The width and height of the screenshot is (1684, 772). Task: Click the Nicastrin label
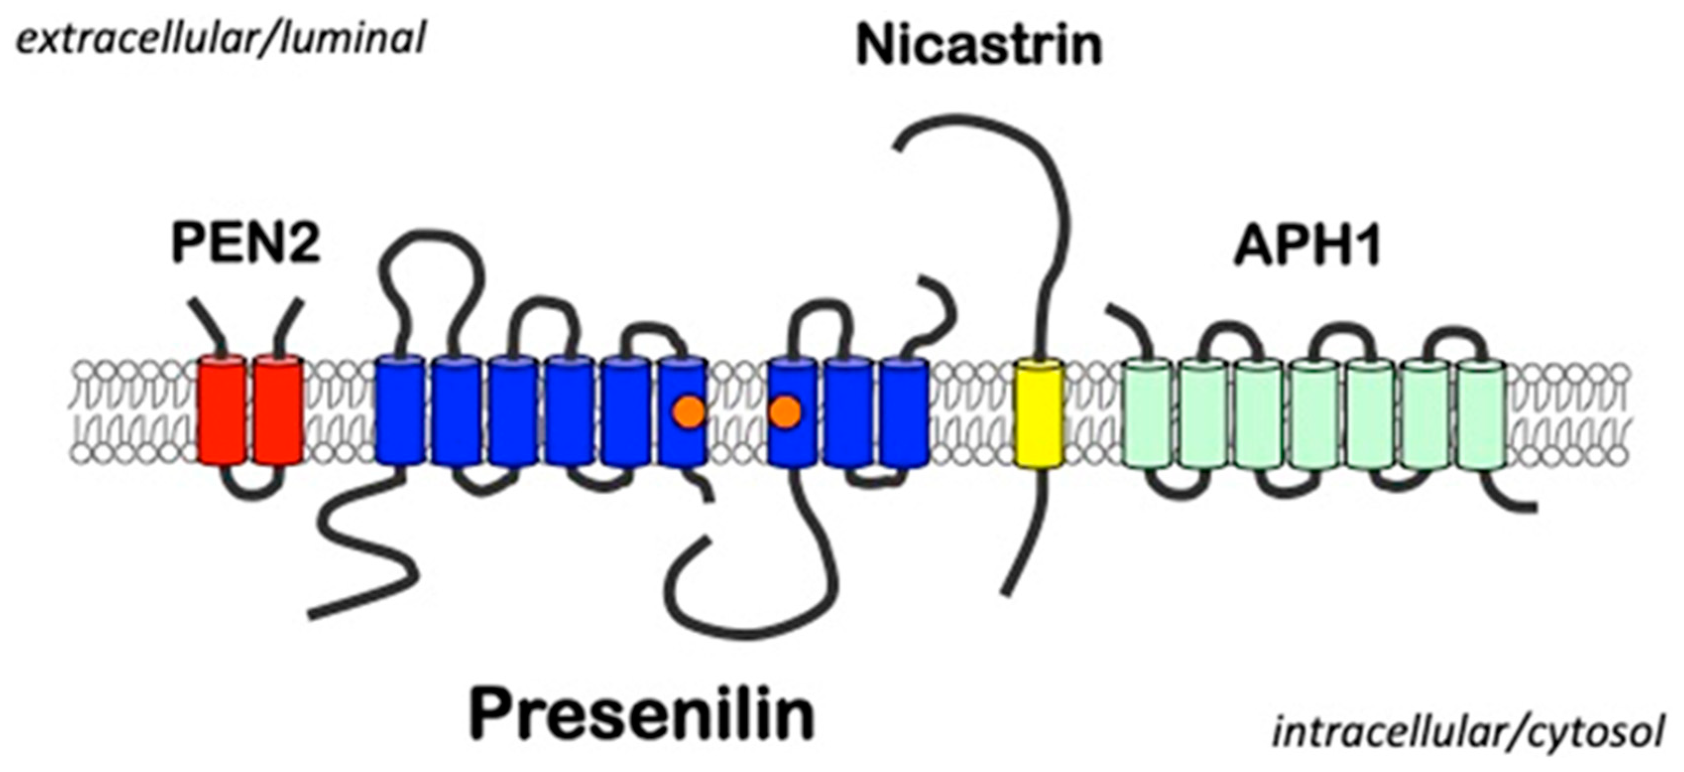(x=979, y=46)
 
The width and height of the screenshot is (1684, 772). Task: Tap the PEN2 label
(x=246, y=242)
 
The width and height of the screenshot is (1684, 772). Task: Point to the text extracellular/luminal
(x=220, y=38)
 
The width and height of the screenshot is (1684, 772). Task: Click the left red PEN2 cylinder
(x=222, y=410)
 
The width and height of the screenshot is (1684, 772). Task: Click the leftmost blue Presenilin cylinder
(x=400, y=410)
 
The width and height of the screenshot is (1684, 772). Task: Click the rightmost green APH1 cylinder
(x=1483, y=413)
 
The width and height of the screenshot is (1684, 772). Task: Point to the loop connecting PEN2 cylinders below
(x=252, y=492)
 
